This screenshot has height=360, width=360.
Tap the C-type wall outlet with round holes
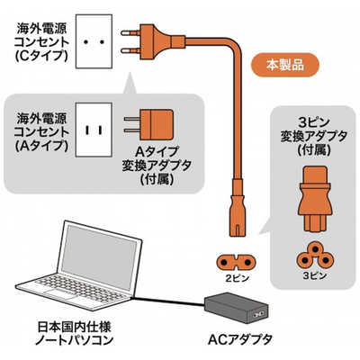click(x=93, y=40)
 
